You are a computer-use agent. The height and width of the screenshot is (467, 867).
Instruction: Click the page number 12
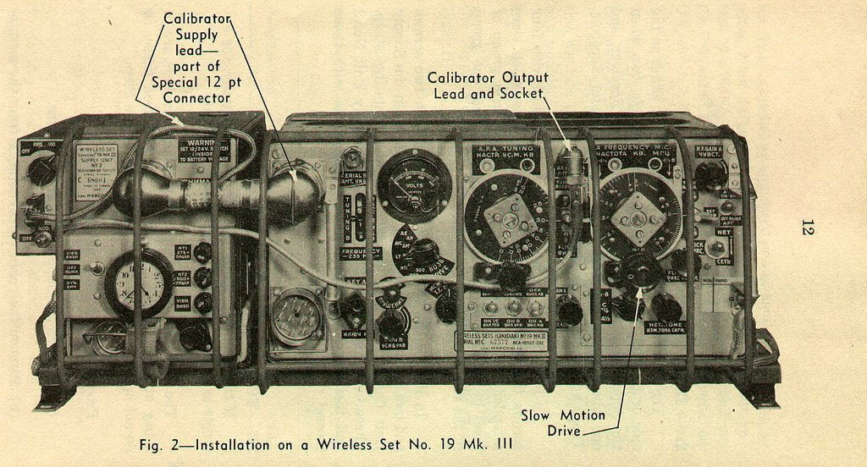[x=806, y=227]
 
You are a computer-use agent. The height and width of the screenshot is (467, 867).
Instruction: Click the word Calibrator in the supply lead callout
[x=196, y=19]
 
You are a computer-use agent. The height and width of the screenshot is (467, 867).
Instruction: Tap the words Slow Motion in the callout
[x=563, y=415]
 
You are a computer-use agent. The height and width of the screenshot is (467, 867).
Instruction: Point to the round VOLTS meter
[x=414, y=185]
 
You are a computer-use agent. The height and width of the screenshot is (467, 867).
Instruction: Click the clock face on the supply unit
[x=139, y=283]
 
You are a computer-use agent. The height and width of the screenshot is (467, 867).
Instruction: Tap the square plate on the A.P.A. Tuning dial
[x=511, y=219]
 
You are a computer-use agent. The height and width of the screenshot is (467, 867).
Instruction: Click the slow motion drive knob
[x=643, y=272]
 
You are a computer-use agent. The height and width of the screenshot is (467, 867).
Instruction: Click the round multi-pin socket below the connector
[x=296, y=317]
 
